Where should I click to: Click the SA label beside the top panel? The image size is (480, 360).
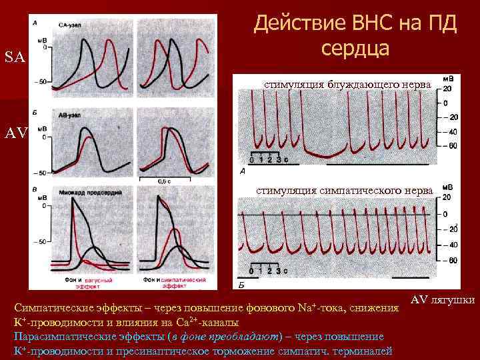[15, 57]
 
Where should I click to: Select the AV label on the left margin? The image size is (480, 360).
[15, 133]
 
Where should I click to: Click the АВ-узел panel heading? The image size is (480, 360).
[70, 114]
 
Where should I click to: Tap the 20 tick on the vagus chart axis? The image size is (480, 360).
[447, 88]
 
